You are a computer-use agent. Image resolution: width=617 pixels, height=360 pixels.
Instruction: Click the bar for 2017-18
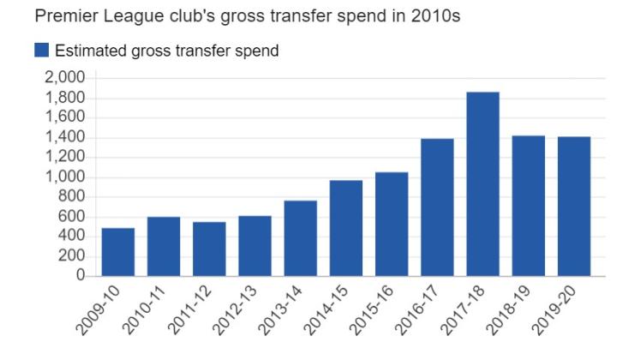click(x=483, y=184)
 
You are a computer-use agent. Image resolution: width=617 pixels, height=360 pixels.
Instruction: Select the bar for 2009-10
click(x=117, y=252)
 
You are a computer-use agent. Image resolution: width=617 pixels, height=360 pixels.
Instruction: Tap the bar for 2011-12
click(x=209, y=249)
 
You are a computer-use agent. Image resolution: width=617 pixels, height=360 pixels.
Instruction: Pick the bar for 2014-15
click(x=346, y=228)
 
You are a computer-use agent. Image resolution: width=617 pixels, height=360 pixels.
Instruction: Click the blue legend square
click(x=41, y=51)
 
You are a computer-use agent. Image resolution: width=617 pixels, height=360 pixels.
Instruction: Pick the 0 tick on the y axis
click(x=81, y=276)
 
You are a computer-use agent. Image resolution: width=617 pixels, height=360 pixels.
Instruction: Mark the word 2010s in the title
click(x=439, y=15)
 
